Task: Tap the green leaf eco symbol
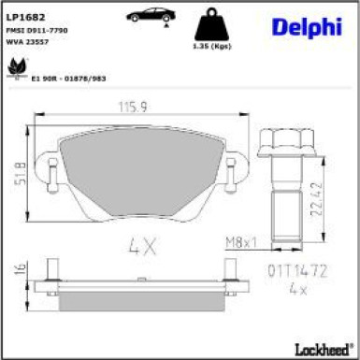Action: click(16, 67)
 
